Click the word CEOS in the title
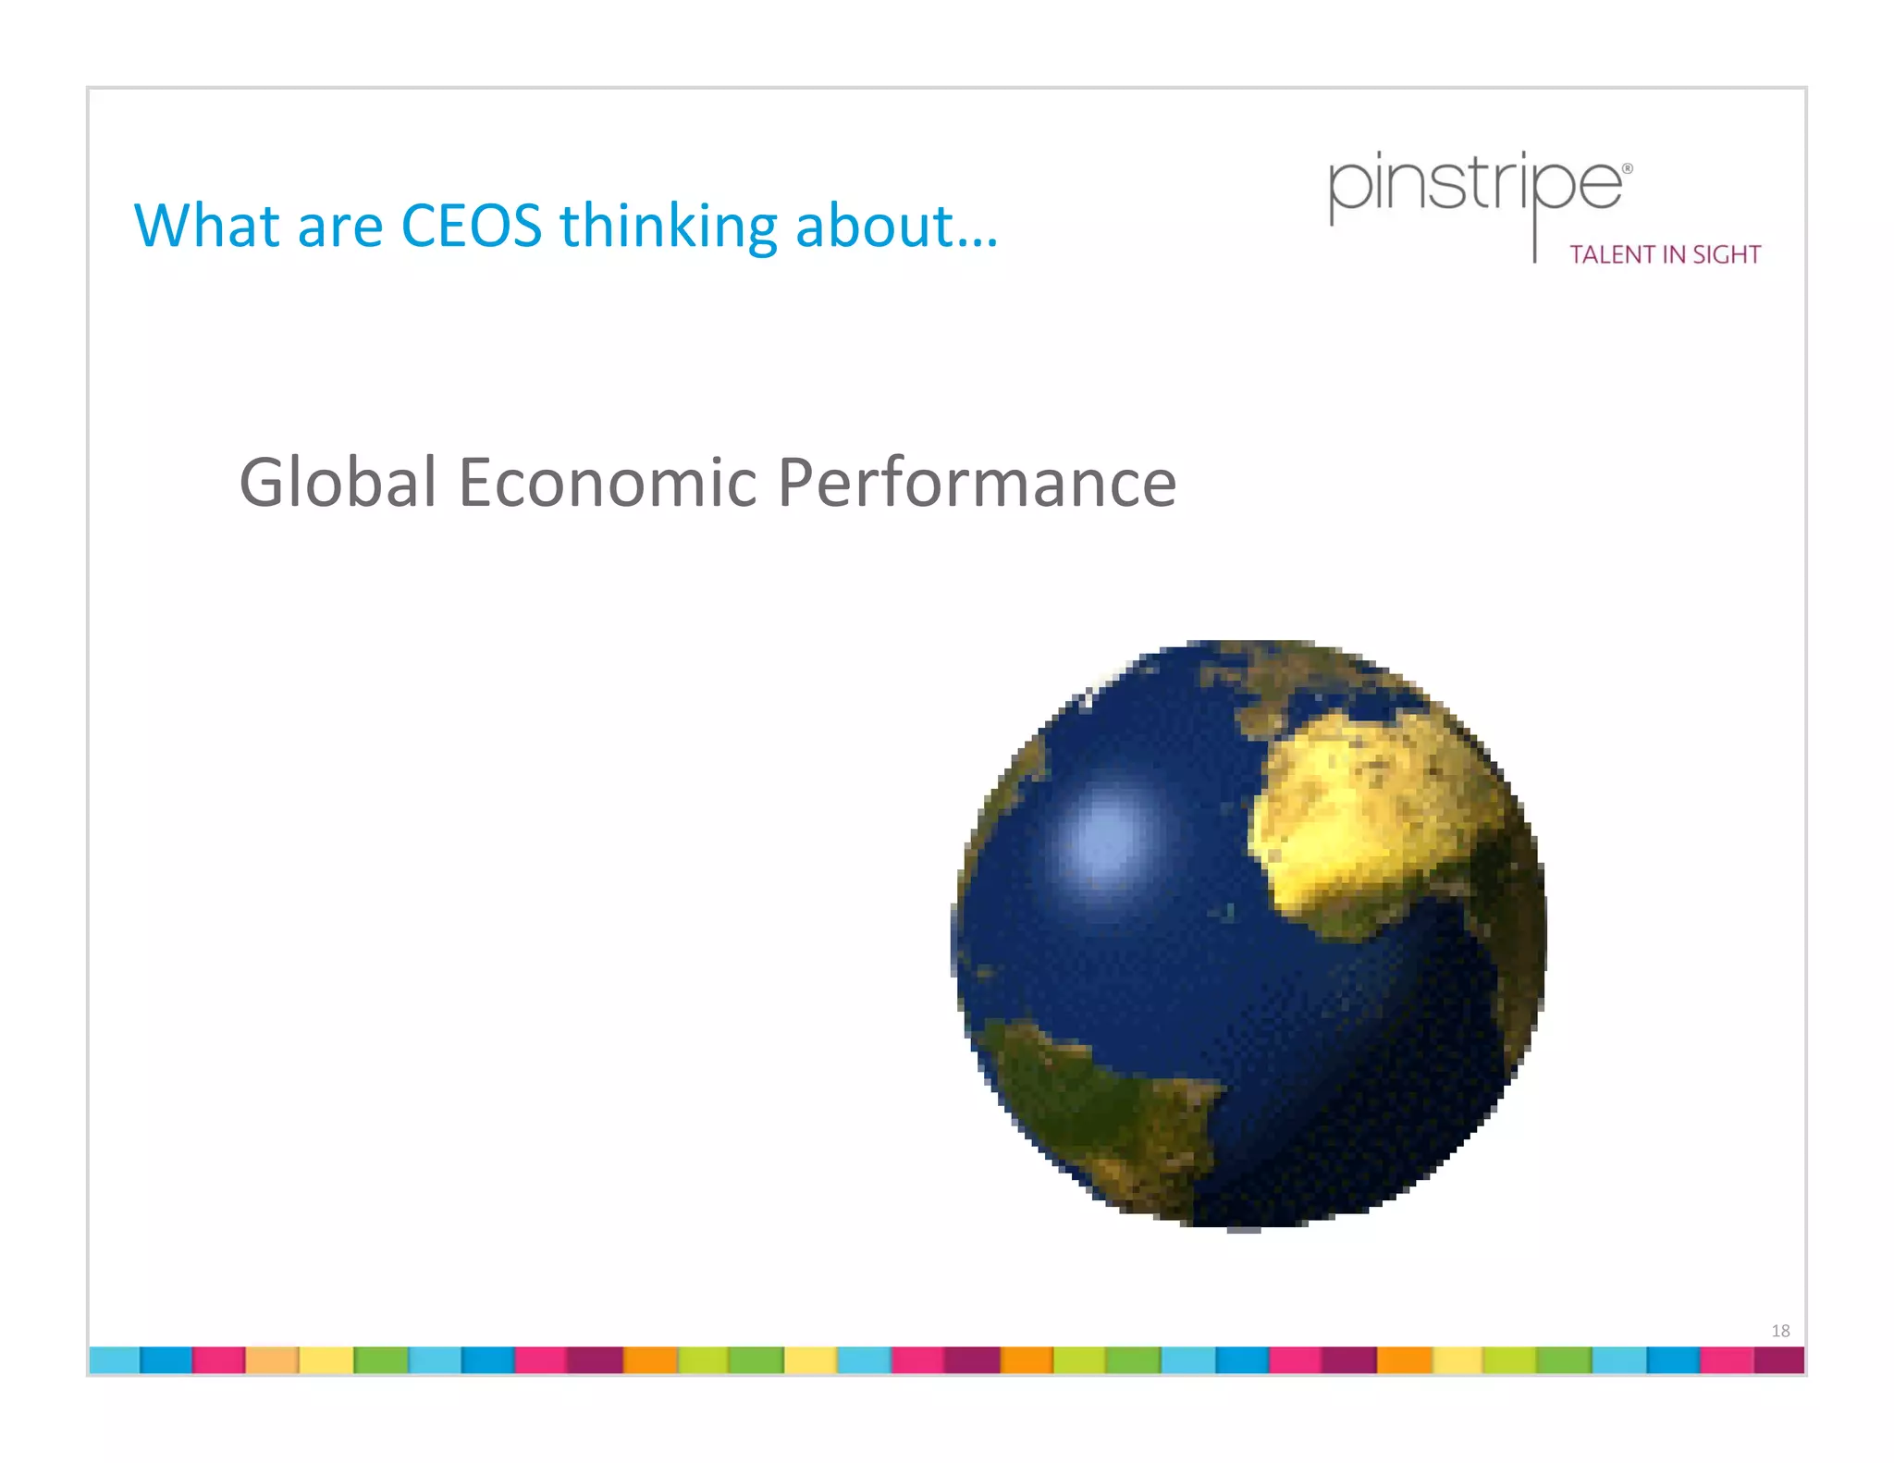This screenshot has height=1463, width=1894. [471, 226]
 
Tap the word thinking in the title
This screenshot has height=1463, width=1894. [668, 227]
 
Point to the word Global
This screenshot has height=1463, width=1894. [338, 483]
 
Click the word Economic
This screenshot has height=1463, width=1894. [608, 483]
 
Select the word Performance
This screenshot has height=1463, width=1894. [976, 483]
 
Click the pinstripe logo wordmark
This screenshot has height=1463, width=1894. [1474, 185]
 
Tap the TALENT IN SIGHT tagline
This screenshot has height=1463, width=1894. [1665, 255]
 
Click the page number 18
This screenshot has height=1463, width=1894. [1780, 1331]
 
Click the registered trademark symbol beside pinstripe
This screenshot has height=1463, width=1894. [1628, 169]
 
